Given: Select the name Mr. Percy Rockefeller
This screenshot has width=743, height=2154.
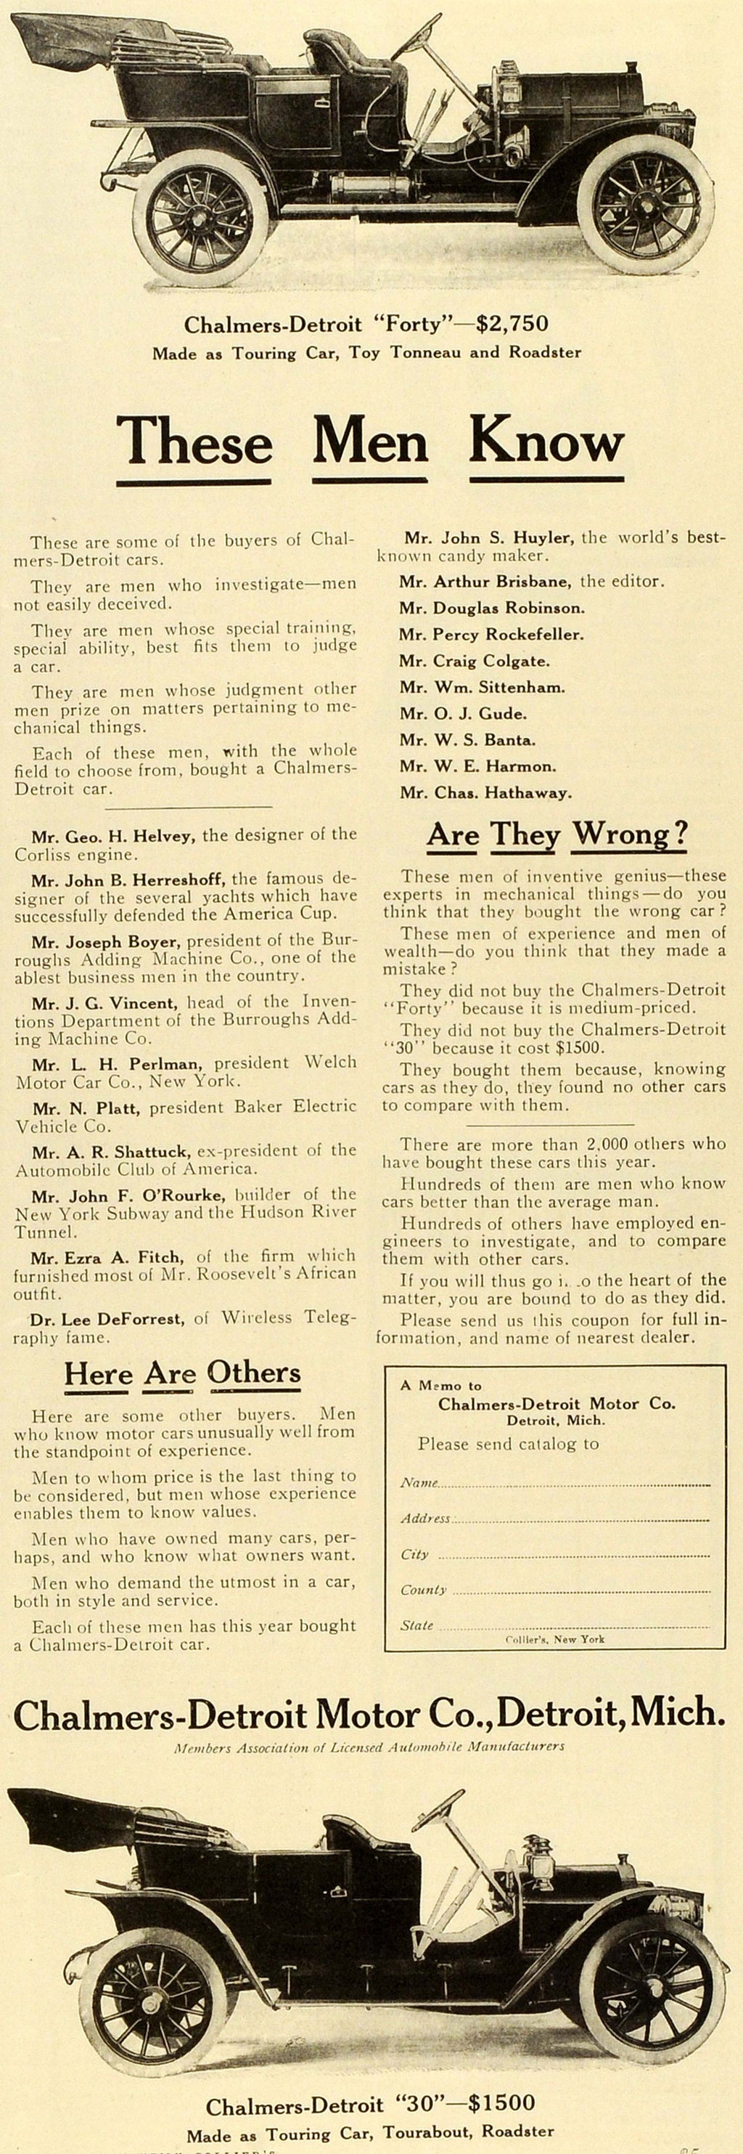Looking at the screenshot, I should pos(490,635).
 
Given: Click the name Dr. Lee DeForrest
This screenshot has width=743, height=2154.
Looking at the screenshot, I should pos(107,1319).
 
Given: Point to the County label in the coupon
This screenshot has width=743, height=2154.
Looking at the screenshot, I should pos(423,1590).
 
